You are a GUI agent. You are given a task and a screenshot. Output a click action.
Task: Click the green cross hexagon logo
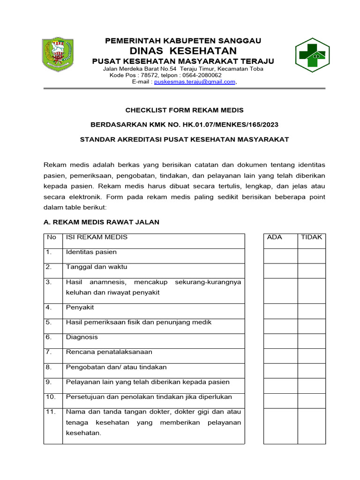pos(312,55)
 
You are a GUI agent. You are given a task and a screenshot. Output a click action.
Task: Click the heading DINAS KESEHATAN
pos(183,51)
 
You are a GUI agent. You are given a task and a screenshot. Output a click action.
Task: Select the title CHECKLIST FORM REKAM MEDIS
pos(184,110)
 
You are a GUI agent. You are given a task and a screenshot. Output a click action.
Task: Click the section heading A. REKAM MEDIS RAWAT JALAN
pos(102,222)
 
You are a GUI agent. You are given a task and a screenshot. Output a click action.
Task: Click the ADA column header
pos(274,237)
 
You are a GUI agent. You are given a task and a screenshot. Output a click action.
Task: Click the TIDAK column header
pos(311,237)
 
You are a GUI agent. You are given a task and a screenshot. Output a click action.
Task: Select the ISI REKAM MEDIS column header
pos(97,237)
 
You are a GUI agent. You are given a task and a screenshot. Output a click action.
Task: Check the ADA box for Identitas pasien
pos(280,256)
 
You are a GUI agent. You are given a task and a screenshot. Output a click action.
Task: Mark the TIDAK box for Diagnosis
pos(312,341)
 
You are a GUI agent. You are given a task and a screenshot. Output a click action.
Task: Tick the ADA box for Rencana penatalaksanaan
pos(280,356)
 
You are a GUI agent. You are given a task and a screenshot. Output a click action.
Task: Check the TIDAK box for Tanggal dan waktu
pos(312,271)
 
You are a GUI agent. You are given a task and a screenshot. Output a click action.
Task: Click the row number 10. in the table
pos(51,397)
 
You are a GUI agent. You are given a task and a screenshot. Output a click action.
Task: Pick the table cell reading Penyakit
pos(80,307)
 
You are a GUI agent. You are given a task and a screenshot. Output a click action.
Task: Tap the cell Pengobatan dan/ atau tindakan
pos(116,367)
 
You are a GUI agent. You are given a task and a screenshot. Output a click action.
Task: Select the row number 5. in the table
pos(49,322)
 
